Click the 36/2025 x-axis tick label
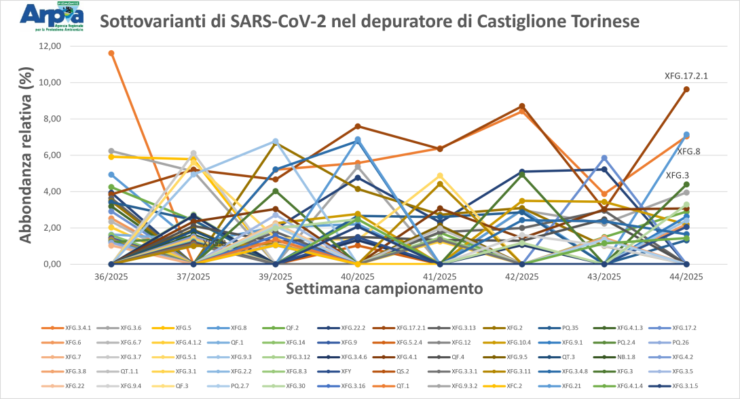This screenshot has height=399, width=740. coord(111,276)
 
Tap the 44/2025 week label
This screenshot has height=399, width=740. coord(686,276)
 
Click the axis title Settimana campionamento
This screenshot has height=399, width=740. coord(384,288)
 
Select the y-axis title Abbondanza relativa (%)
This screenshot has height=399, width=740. coord(26,155)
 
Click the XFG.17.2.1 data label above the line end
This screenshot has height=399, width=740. coord(686,77)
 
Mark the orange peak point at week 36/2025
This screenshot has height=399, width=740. coord(111,53)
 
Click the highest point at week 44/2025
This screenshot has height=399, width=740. coord(686,89)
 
